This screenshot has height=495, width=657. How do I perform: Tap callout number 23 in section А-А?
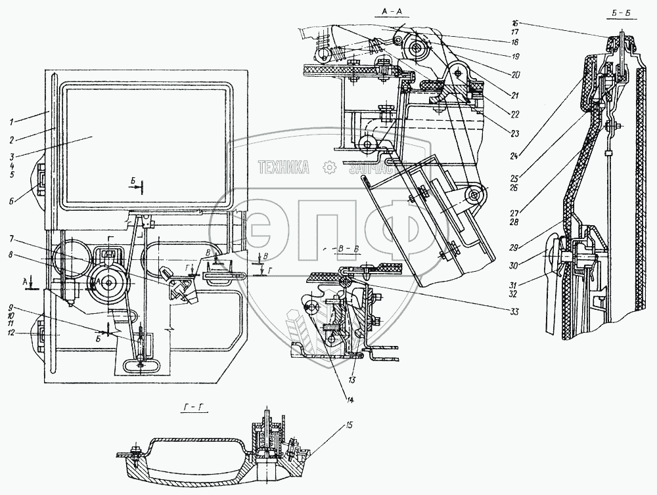tap(514, 133)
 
